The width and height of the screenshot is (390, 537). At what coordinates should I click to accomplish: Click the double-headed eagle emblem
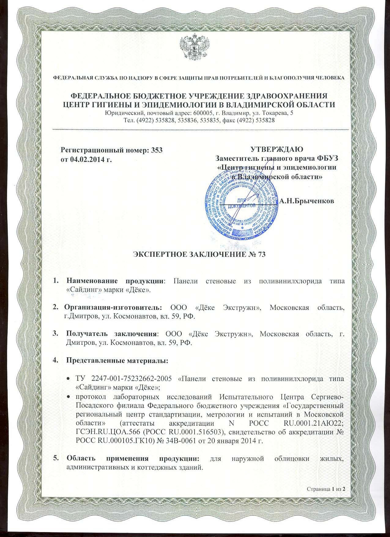[x=195, y=47]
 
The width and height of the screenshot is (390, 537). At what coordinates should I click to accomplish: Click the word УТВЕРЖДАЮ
[x=277, y=149]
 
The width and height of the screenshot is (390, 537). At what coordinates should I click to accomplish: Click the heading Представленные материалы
[x=117, y=360]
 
